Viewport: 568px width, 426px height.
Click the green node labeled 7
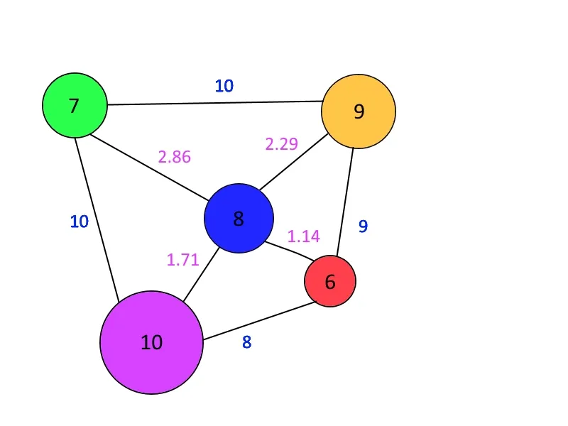point(75,106)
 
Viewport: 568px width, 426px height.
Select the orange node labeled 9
point(359,111)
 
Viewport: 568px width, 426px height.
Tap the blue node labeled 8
point(239,218)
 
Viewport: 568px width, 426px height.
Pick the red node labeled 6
point(330,282)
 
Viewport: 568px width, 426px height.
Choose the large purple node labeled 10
point(151,342)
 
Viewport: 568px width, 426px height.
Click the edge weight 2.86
point(175,157)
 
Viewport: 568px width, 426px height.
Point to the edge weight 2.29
point(281,144)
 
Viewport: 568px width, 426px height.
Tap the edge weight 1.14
point(303,236)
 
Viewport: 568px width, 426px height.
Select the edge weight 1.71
point(182,260)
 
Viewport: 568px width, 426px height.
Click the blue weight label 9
point(363,226)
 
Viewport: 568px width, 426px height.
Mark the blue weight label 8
point(246,342)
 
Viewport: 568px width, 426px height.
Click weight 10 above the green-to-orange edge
point(224,87)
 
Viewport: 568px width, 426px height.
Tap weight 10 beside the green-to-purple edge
point(79,222)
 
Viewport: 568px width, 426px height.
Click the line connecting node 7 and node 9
point(213,104)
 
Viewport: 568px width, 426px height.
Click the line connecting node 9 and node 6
point(344,202)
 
